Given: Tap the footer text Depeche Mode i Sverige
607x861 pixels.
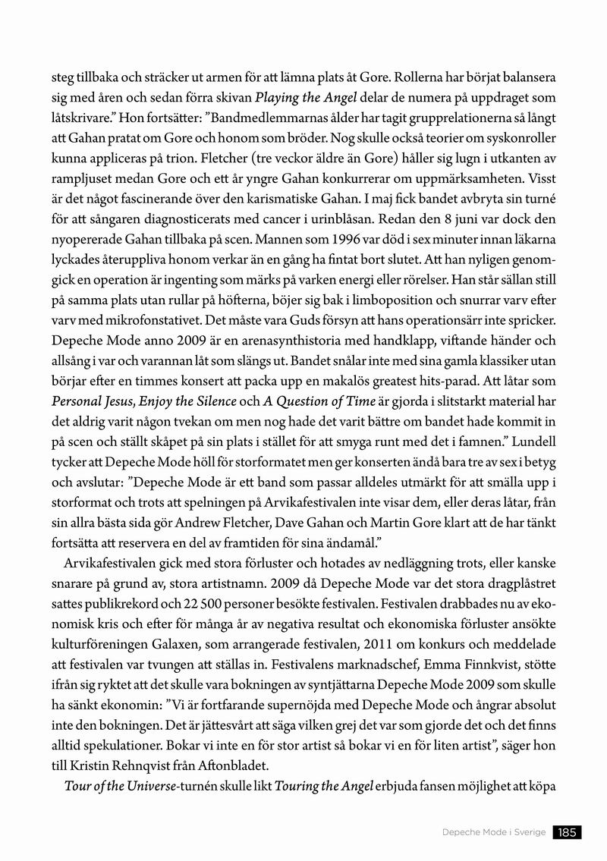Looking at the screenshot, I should (x=494, y=832).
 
